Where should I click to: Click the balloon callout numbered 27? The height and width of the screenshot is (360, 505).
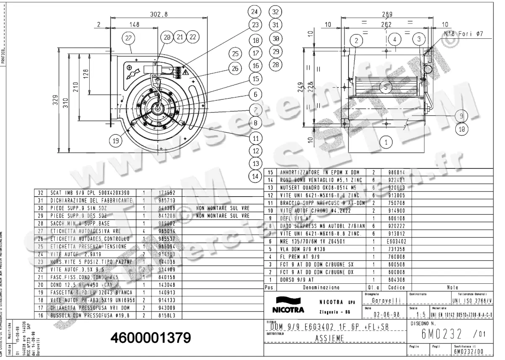tap(128, 37)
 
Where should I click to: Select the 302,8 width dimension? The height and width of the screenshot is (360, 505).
tap(159, 14)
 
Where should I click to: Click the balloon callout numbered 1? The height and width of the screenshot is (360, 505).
tap(386, 142)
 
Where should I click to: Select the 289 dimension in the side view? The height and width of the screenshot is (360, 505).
tap(387, 14)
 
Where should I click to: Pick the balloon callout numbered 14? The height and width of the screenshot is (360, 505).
tap(255, 177)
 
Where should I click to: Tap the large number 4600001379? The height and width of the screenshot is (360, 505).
tap(151, 338)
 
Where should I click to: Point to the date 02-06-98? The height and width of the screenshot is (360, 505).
tap(386, 315)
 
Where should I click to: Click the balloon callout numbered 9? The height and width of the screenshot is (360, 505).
tap(462, 116)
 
